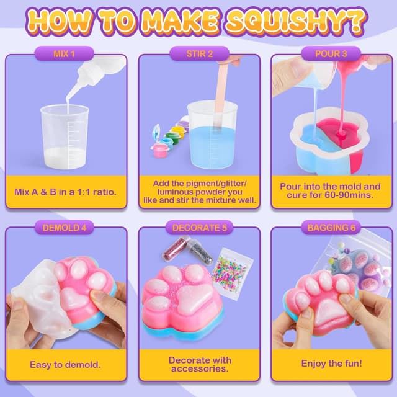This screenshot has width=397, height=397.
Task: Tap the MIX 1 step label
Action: click(66, 54)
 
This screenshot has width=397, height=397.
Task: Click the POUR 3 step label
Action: click(332, 54)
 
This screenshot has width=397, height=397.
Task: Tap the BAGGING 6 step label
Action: click(331, 227)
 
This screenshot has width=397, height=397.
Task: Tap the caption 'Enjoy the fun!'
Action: click(331, 364)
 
